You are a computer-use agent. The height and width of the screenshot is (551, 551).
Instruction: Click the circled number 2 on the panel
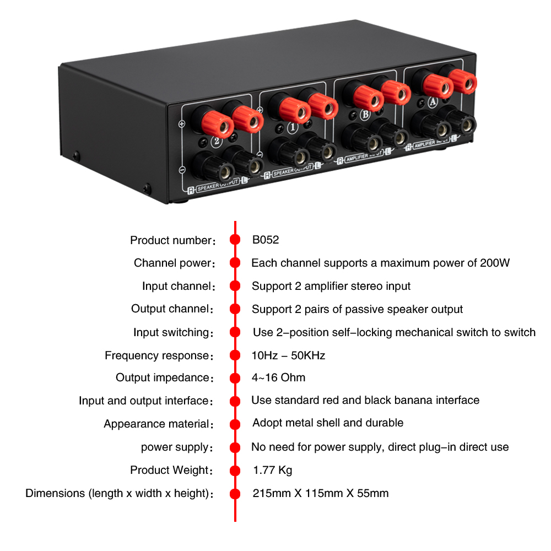pos(217,141)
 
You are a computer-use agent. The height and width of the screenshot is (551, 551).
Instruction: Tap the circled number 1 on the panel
pos(293,127)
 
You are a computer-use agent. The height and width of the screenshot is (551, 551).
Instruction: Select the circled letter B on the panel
pos(365,115)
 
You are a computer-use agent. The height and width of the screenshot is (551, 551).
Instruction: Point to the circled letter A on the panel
pos(433,102)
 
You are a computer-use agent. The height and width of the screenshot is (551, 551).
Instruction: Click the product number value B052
pos(266,240)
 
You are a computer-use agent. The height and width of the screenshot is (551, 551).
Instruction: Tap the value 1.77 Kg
pos(272,470)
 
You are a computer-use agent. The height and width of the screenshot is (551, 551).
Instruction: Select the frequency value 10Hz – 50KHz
pos(288,355)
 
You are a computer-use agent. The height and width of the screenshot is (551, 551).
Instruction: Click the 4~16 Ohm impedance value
pos(278,377)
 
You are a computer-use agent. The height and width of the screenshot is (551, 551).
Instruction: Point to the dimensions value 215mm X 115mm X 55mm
pos(321,493)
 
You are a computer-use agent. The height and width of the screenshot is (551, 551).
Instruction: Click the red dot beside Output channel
pos(235,309)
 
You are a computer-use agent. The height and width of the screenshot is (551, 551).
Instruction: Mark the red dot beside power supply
pos(235,447)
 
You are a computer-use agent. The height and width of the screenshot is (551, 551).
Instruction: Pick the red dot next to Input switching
pos(235,332)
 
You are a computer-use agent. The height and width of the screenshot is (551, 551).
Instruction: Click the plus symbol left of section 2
pos(182,123)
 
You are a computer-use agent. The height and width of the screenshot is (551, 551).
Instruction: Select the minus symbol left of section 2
pos(182,170)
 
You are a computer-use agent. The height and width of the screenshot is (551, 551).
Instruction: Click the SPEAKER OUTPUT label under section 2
pos(218,185)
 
